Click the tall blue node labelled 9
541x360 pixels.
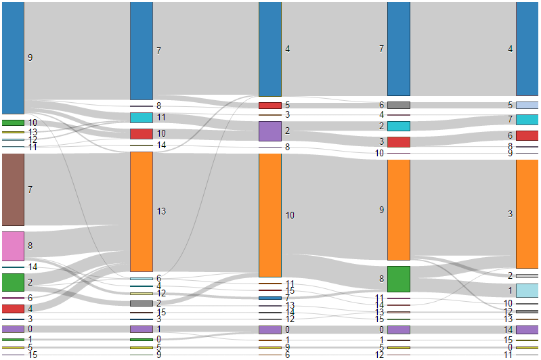[13, 58]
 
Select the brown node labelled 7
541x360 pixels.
[13, 189]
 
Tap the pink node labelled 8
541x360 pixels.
[13, 246]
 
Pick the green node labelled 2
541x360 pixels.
[13, 282]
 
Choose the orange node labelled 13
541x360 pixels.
[142, 211]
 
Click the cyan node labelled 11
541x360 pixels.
[142, 118]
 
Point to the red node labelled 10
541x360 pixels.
[142, 134]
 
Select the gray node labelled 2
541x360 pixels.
[142, 303]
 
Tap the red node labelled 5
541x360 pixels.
[270, 106]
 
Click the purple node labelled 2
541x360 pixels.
[270, 131]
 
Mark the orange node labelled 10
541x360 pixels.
[270, 215]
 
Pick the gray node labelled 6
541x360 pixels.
[399, 105]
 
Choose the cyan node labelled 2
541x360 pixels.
[399, 126]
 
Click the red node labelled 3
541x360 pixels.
[399, 142]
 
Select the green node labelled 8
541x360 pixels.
[399, 279]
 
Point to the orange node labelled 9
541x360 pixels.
[399, 210]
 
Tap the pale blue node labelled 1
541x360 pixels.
[527, 290]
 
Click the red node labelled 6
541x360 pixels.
[527, 135]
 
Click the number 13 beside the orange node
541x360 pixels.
[162, 212]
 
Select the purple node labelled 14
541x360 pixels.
[527, 330]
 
